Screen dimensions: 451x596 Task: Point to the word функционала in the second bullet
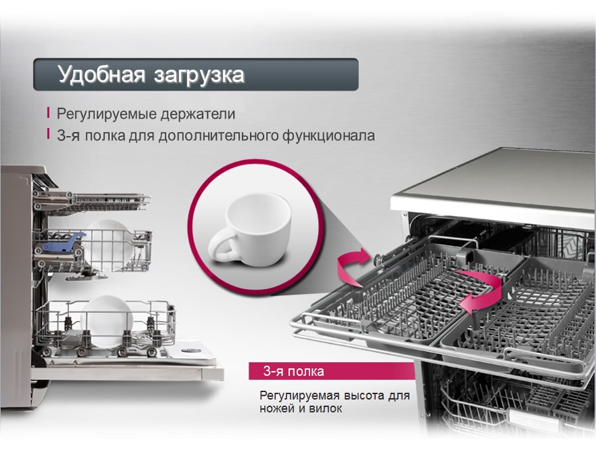(x=327, y=135)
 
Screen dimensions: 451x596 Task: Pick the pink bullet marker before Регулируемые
(x=48, y=113)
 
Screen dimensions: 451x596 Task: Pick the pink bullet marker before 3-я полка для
(x=48, y=134)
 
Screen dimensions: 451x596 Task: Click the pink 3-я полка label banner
(x=331, y=371)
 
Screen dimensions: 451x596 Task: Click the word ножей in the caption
(x=278, y=409)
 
